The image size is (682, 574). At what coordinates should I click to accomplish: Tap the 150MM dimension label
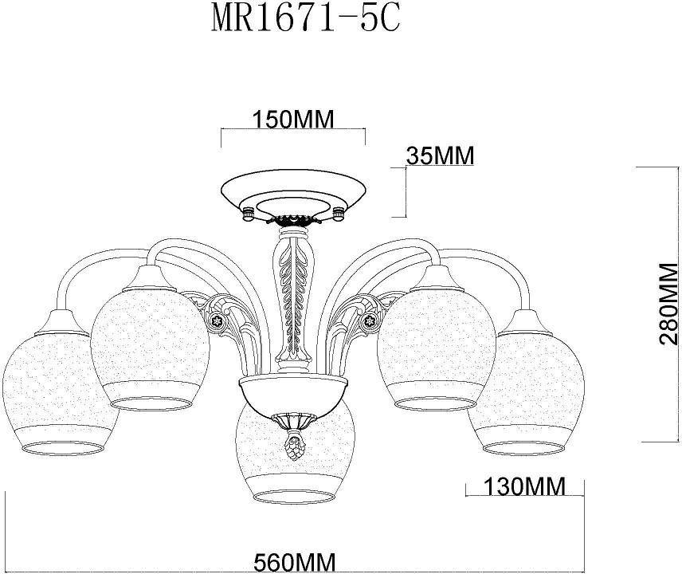[x=292, y=120]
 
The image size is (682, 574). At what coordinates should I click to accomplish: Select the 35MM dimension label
[x=439, y=155]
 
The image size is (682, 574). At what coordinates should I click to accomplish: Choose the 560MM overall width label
[x=295, y=560]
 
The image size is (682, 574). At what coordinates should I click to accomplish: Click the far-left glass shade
[x=52, y=391]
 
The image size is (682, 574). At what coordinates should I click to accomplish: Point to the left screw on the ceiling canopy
[x=247, y=211]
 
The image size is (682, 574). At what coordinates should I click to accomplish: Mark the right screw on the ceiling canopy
[x=340, y=211]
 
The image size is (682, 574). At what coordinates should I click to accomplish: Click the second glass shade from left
[x=150, y=343]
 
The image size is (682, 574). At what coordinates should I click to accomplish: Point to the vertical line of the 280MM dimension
[x=637, y=303]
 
